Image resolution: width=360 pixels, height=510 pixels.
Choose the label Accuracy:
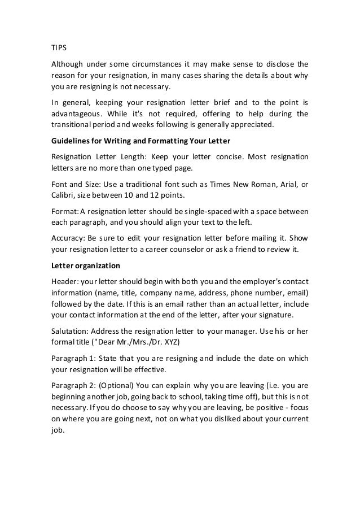[x=63, y=238]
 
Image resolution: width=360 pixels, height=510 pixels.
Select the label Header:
[x=61, y=281]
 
